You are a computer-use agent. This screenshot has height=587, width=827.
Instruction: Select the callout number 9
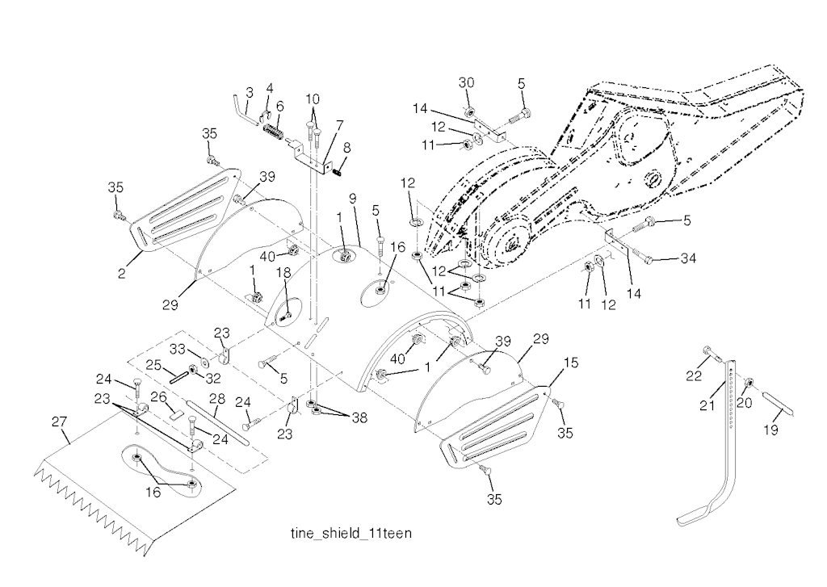[353, 197]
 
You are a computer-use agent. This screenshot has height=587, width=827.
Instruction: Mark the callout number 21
[707, 406]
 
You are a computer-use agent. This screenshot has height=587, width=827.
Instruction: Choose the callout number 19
[771, 431]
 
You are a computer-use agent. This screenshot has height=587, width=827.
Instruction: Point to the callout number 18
[283, 274]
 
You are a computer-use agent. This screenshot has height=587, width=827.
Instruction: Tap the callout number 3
[250, 92]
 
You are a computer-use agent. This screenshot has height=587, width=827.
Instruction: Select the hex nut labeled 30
[469, 110]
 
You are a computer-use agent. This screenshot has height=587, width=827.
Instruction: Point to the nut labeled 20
[749, 381]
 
